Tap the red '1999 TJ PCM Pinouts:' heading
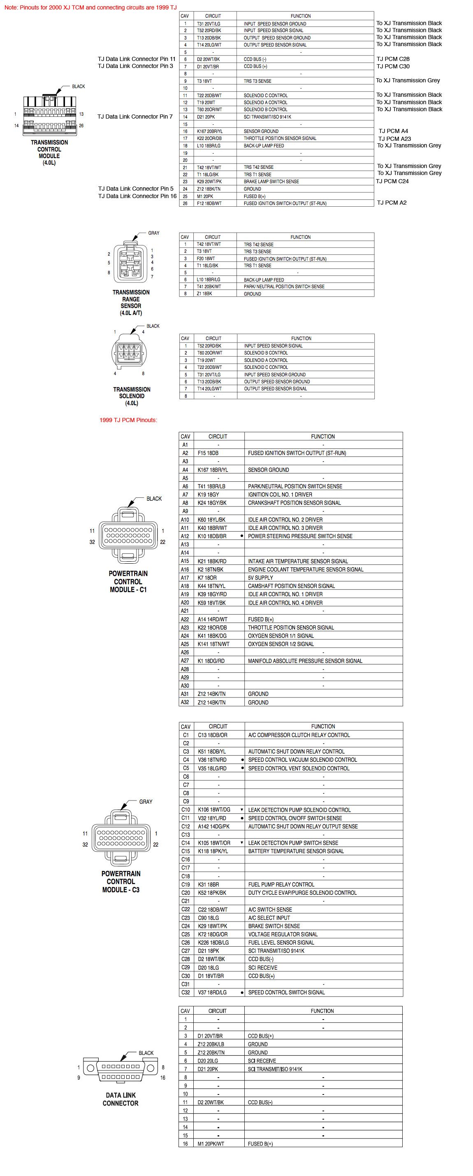(128, 420)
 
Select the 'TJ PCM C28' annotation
(393, 59)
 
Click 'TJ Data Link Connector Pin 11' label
(137, 59)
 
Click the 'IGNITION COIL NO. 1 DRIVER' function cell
(280, 495)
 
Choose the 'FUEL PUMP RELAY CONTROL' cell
(281, 884)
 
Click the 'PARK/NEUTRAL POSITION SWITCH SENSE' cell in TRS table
(284, 287)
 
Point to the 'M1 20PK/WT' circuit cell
(211, 1143)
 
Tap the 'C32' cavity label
(185, 992)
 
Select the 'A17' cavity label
(185, 577)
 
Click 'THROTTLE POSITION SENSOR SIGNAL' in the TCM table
(280, 138)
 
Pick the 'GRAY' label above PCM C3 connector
(146, 802)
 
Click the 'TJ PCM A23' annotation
(394, 139)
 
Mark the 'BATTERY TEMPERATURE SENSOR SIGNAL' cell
(296, 851)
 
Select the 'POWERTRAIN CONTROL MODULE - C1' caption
(128, 581)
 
